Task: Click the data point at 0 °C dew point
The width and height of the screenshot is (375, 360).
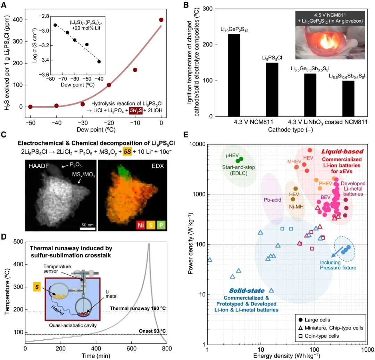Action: click(161, 20)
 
